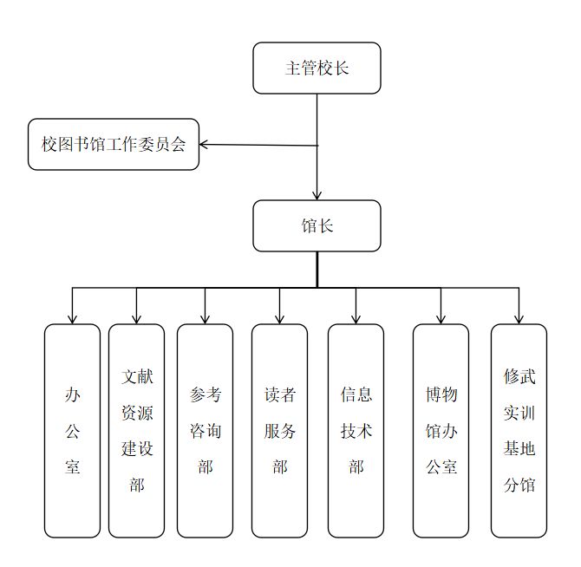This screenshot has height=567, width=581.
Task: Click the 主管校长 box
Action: (317, 68)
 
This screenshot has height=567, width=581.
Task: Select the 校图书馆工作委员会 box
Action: (114, 145)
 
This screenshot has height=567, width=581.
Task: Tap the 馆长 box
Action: (317, 226)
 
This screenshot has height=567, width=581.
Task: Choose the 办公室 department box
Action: (72, 431)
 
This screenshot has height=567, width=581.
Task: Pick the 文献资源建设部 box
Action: (136, 431)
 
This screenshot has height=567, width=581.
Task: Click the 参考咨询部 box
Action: (205, 431)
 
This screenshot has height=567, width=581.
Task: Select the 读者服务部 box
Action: (279, 431)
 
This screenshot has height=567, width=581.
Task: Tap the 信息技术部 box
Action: (356, 431)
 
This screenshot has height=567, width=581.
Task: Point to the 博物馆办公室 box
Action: (441, 431)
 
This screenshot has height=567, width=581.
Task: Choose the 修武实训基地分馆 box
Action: (519, 431)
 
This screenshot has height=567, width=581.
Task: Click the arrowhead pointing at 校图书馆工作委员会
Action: (204, 145)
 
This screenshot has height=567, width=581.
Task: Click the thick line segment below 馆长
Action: (317, 270)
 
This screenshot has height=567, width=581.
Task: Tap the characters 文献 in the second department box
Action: (137, 376)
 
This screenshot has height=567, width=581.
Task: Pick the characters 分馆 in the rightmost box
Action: (519, 485)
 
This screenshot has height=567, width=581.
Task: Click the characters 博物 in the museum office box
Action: (441, 394)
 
